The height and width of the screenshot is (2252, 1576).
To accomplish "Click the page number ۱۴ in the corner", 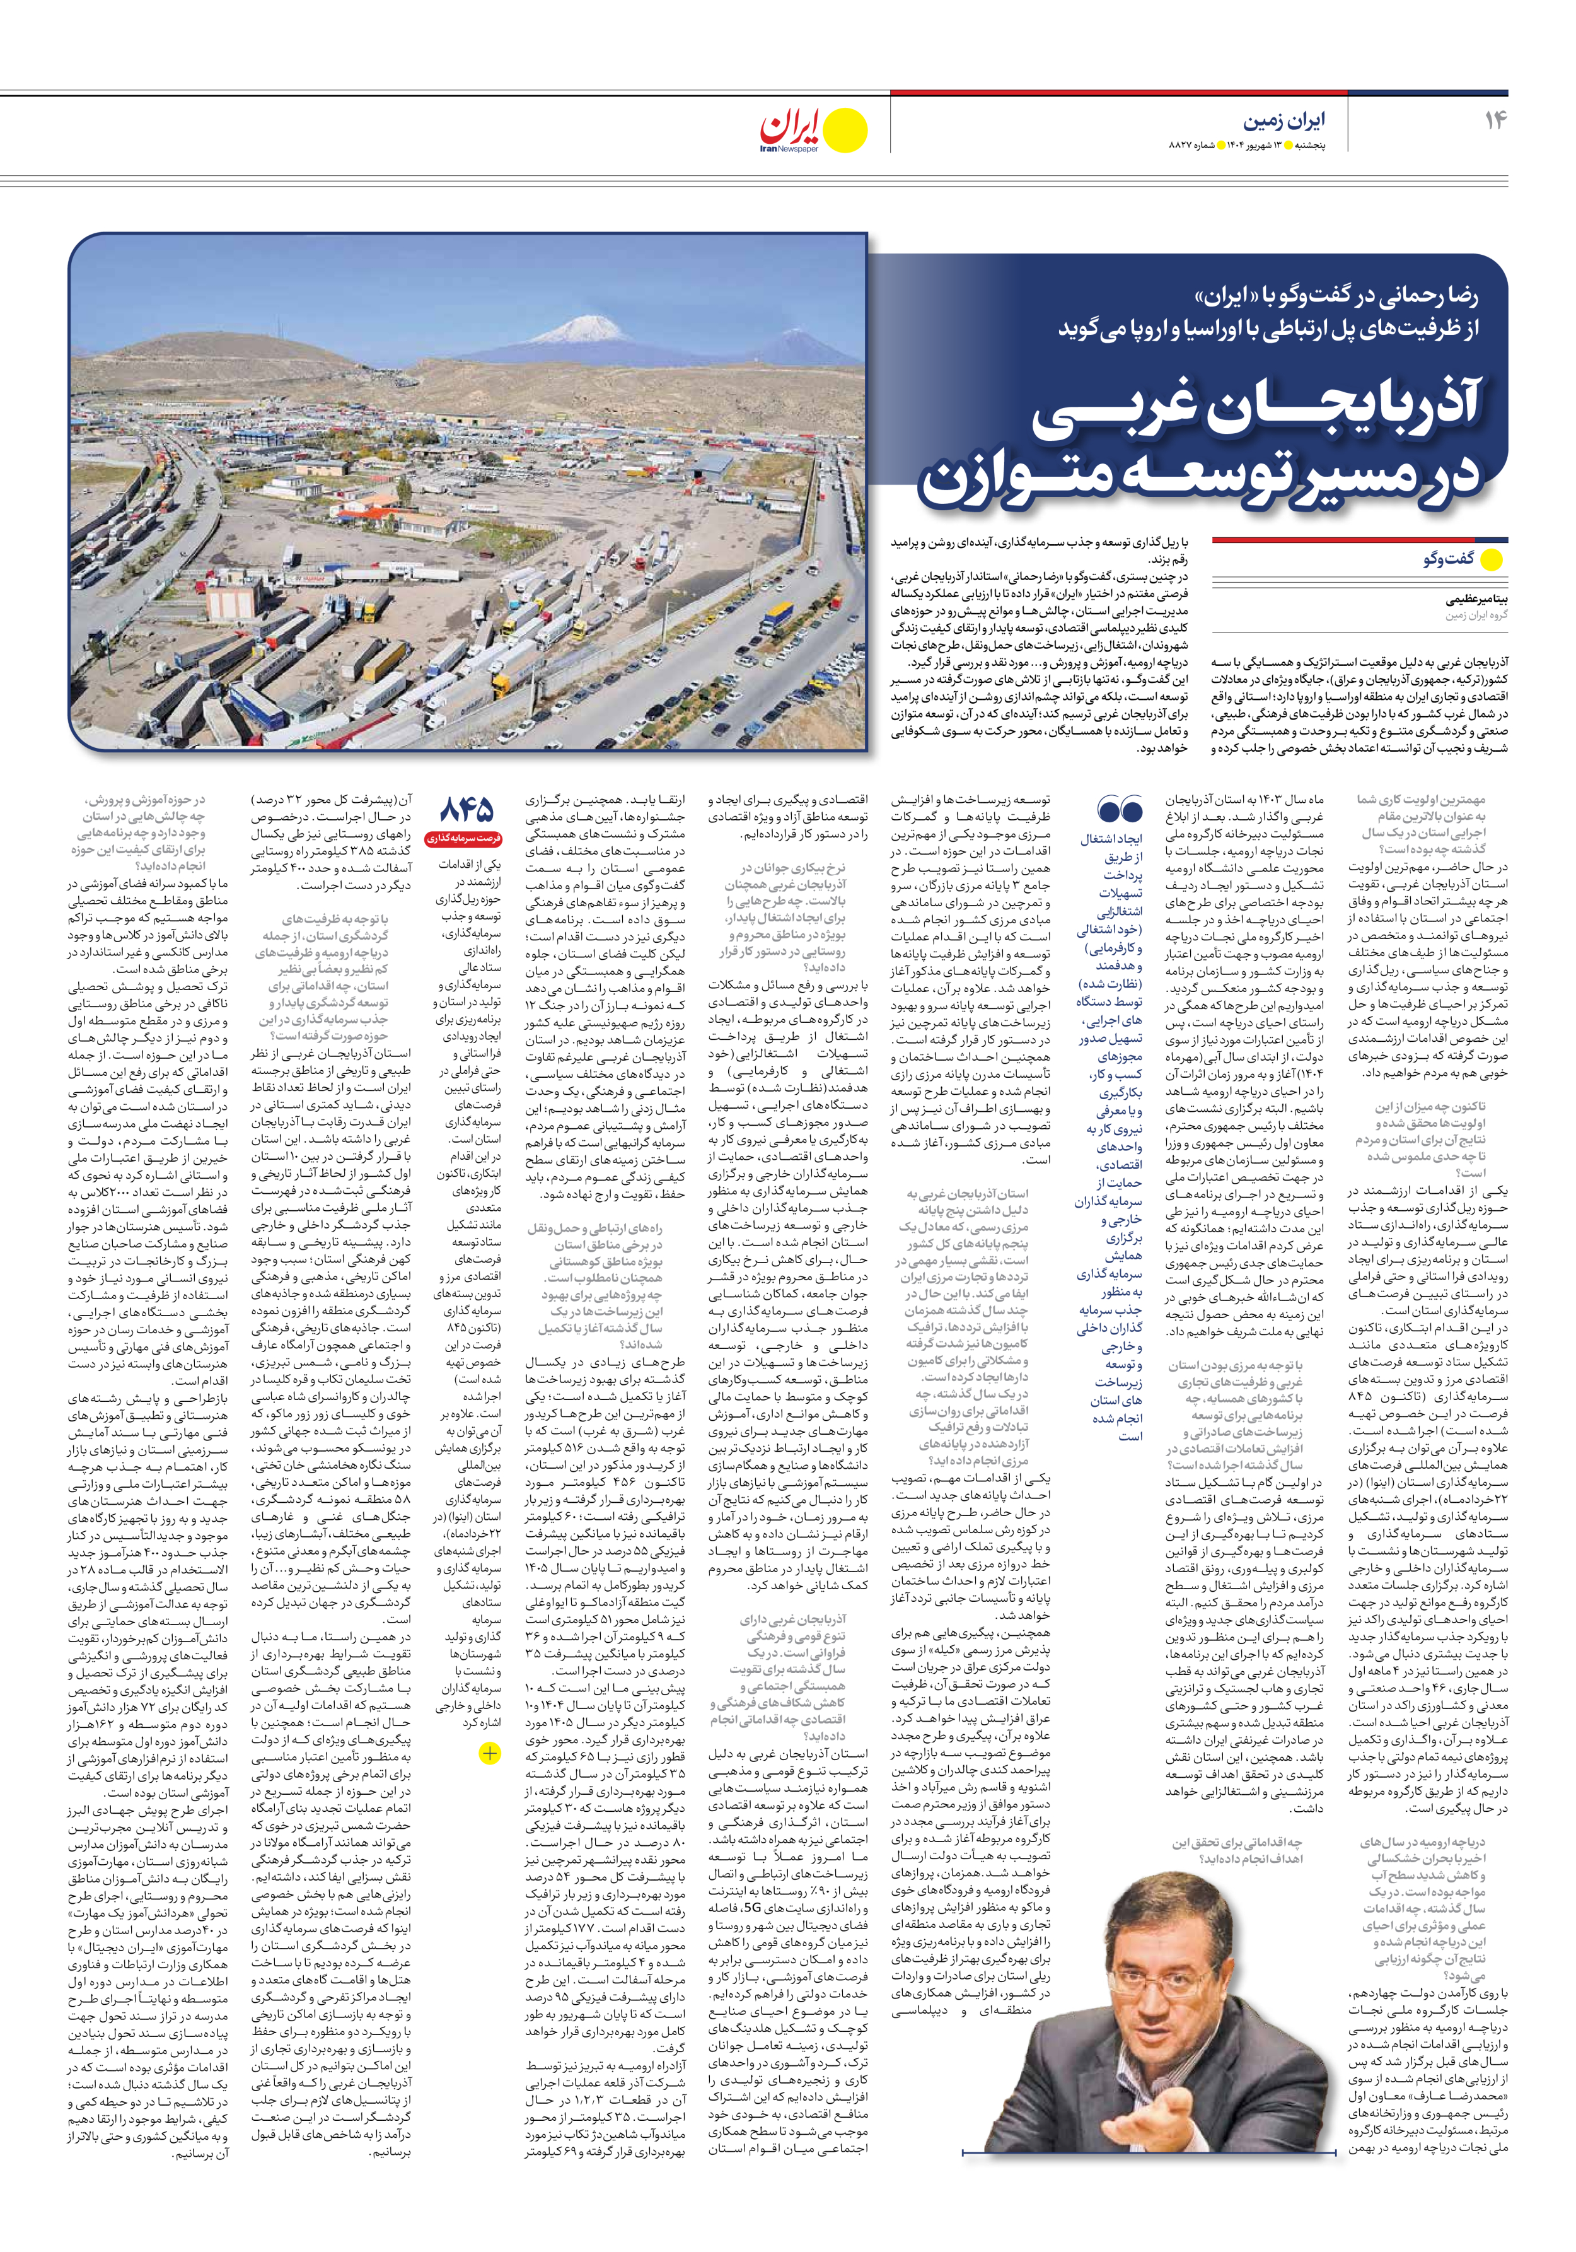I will (1495, 120).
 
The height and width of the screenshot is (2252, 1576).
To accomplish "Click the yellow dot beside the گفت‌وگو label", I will (1491, 560).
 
